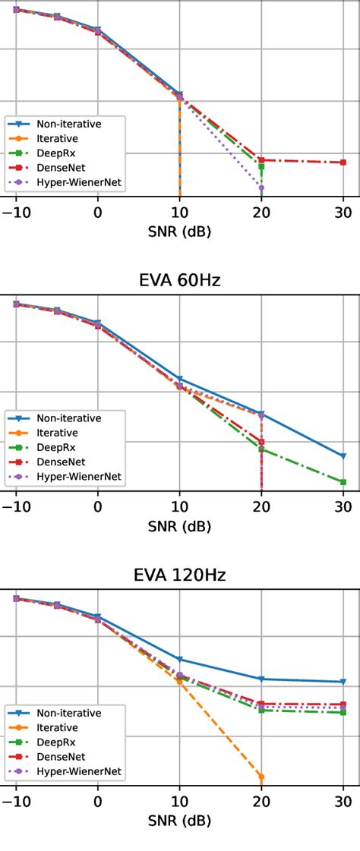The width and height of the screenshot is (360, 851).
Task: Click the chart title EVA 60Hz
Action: [179, 282]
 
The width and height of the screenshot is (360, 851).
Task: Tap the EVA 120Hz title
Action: [179, 575]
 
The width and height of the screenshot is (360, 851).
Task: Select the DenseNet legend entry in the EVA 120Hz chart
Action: [62, 757]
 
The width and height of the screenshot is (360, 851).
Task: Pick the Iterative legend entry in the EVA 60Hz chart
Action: [57, 433]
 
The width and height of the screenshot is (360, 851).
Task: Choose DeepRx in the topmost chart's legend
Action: [57, 153]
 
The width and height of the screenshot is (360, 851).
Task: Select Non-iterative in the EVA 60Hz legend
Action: [68, 418]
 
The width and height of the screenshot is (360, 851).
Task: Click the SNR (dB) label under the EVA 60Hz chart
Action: [179, 525]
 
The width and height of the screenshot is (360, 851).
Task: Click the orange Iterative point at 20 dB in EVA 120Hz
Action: [261, 777]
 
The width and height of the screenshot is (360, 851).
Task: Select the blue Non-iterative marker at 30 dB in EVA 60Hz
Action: [343, 456]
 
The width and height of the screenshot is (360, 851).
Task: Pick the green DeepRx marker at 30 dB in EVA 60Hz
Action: [343, 482]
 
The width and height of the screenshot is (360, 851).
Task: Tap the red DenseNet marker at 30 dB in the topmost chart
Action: [343, 162]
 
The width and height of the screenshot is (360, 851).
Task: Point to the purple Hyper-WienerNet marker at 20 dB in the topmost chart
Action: [261, 188]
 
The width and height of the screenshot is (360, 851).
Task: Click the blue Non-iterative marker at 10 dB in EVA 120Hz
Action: [179, 659]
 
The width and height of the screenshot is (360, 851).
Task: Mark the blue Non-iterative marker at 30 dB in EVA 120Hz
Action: [343, 682]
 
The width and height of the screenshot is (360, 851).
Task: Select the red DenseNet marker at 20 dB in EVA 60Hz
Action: [261, 442]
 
